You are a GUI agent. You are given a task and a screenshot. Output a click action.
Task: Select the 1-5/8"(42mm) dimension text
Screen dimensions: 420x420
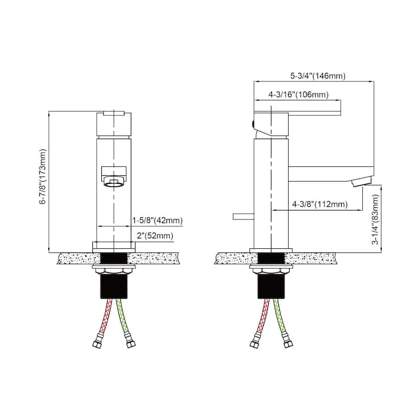[x=156, y=219]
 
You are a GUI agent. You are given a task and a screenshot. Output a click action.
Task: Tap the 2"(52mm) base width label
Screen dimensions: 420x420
[x=155, y=236]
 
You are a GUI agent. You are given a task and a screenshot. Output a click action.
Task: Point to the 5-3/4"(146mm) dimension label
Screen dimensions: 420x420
[x=318, y=76]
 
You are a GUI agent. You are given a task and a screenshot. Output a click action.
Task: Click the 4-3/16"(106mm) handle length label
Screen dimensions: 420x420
[x=298, y=95]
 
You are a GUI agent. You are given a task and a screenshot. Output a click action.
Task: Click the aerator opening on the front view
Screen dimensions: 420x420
[x=113, y=183]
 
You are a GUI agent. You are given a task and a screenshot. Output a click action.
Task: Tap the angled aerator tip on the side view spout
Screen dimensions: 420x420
[x=360, y=182]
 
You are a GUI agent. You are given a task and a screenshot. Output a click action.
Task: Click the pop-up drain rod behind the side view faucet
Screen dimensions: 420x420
[x=243, y=216]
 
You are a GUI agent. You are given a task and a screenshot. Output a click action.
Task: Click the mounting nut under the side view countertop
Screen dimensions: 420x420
[x=271, y=270]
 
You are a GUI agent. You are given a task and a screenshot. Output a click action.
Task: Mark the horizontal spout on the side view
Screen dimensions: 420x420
[x=331, y=173]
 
